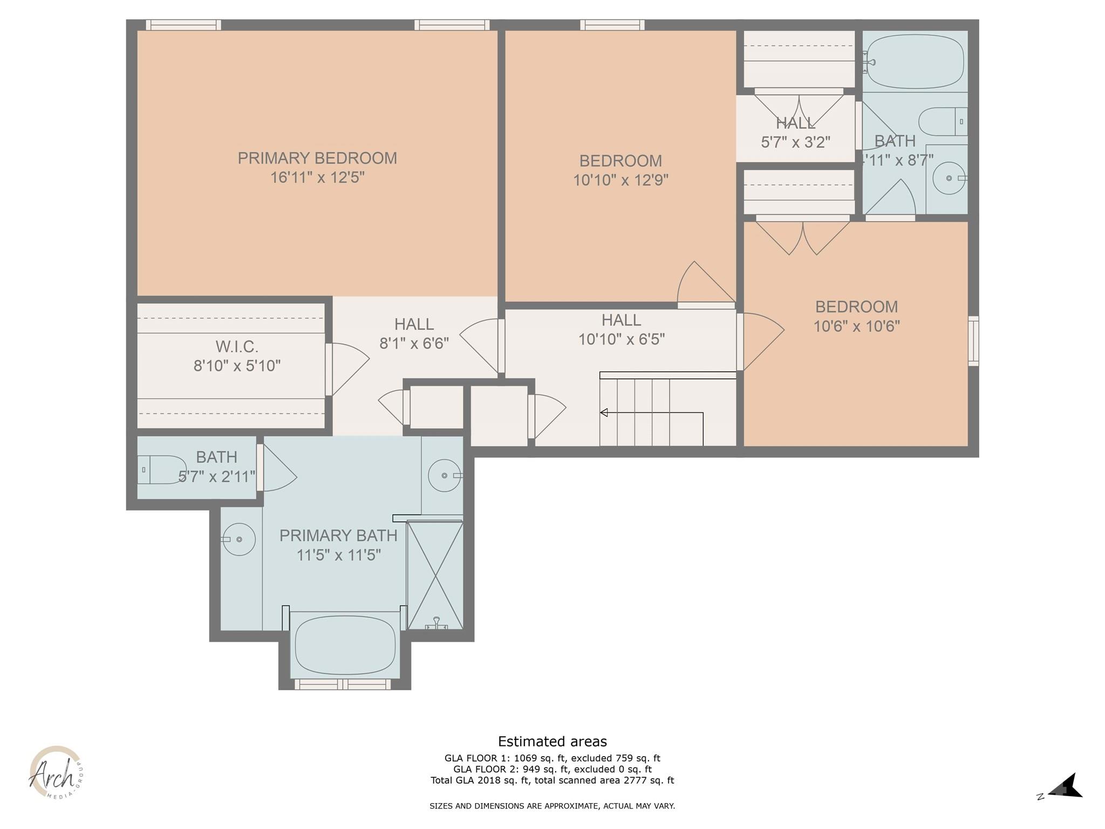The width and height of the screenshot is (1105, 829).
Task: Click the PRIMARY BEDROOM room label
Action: pos(317,158)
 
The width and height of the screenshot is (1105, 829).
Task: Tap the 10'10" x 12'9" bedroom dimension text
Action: pos(620,180)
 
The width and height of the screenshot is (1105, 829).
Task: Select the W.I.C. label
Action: pos(237,346)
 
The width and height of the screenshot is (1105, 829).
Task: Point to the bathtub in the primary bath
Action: pos(345,645)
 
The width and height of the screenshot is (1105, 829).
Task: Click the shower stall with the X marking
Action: pos(434,575)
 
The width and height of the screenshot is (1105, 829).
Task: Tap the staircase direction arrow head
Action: pos(604,413)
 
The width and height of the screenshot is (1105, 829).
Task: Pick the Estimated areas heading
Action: pos(552,742)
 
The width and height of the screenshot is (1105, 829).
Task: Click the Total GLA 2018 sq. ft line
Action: pos(552,780)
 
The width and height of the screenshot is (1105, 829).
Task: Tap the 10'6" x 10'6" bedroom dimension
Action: pos(856,327)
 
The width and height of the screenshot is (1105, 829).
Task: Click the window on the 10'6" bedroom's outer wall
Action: pos(973,341)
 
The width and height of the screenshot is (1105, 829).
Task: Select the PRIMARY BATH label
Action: pos(338,535)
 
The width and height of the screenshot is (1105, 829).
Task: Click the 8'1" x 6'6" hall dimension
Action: pos(414,344)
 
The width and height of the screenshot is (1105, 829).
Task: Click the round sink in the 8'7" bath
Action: pos(949,178)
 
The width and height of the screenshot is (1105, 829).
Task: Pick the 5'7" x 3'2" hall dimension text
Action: pos(795,142)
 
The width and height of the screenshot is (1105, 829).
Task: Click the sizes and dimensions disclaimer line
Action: pos(552,806)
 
